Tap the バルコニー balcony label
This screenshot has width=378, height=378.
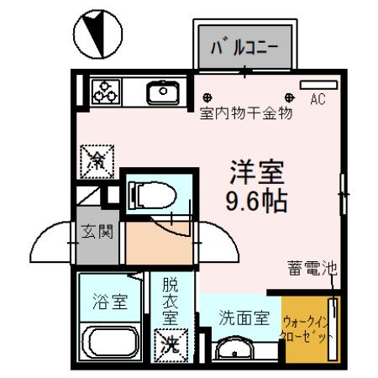[244, 45]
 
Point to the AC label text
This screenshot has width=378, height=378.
[318, 100]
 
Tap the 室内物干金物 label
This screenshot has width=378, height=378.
[245, 114]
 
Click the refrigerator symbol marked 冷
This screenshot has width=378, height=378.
[96, 160]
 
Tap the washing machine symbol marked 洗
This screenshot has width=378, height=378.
[171, 343]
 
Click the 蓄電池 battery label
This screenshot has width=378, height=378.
[309, 269]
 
